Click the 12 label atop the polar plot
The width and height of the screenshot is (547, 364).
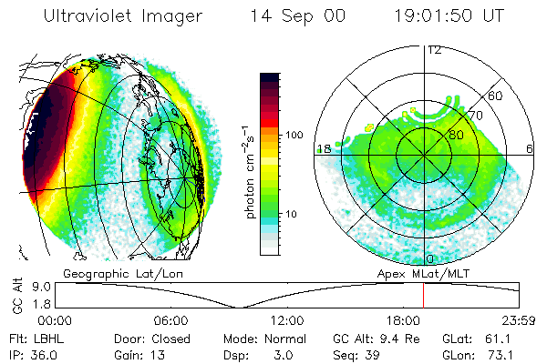pos(434,50)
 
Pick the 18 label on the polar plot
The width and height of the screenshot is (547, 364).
pos(324,147)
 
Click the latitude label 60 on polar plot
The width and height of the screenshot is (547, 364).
pos(496,96)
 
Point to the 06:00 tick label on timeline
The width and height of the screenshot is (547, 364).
pos(170,320)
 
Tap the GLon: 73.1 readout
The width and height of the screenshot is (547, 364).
pos(472,354)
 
